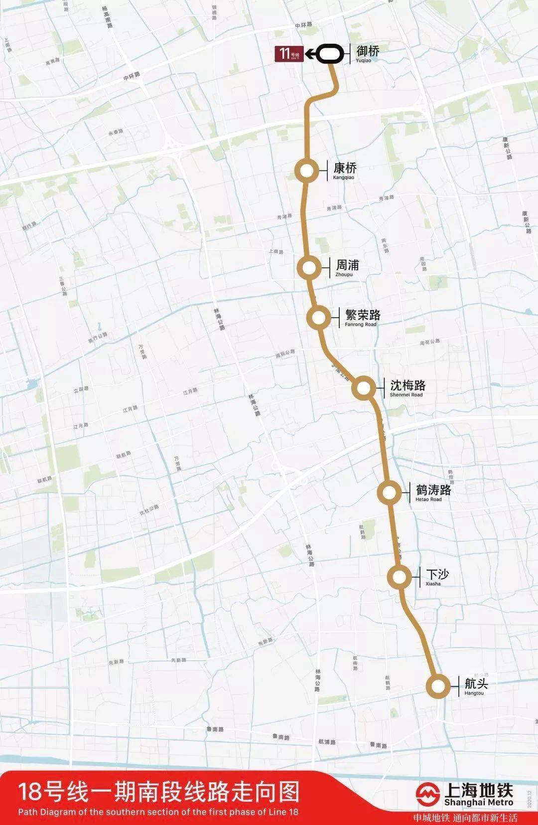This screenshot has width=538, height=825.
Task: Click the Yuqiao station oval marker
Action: (x=330, y=54)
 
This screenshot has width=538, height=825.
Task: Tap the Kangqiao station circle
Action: (x=306, y=171)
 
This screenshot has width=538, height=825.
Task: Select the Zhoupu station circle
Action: (x=309, y=268)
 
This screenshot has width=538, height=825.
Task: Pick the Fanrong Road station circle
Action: (x=318, y=317)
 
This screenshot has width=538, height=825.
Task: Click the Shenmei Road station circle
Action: (x=364, y=387)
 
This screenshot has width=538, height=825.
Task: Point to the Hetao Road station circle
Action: (x=389, y=493)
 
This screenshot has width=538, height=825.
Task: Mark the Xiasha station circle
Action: (x=400, y=577)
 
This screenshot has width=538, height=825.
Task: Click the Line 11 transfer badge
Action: (x=289, y=53)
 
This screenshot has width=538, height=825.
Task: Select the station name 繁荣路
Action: (x=363, y=315)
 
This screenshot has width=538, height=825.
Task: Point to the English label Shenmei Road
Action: (x=406, y=395)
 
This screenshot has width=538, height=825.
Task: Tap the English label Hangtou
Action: (x=474, y=693)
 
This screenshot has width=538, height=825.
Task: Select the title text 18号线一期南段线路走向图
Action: (x=159, y=792)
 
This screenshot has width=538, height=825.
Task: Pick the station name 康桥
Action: (x=345, y=168)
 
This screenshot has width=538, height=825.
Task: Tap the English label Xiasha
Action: (x=433, y=584)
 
